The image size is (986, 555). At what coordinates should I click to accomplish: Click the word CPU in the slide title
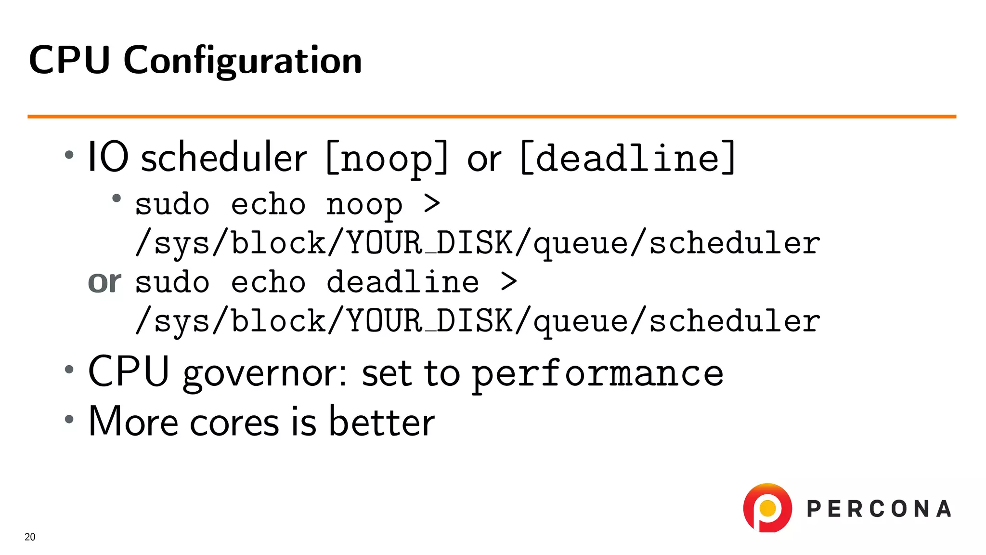point(69,60)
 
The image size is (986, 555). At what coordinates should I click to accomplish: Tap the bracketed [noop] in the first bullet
point(387,158)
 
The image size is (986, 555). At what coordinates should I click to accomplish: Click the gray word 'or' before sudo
point(104,282)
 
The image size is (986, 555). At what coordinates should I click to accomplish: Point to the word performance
point(597,374)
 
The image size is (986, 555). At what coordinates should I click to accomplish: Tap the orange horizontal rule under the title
point(491,117)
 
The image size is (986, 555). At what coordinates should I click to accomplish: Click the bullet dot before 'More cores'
point(69,419)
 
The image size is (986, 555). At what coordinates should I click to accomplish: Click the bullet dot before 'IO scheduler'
point(69,155)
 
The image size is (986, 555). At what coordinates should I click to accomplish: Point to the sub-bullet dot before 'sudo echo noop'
point(116,198)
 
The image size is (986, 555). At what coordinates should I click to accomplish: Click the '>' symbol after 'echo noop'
point(432,204)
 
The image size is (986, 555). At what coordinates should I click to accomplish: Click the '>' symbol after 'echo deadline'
point(508,282)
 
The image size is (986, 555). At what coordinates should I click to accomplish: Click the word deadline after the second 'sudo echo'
point(402,282)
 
